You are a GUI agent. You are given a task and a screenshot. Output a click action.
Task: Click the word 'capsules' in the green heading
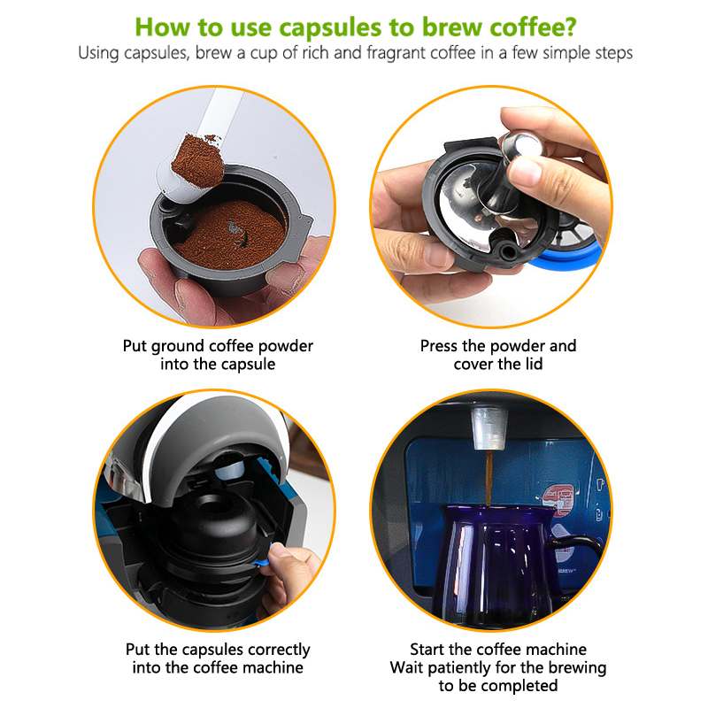330,28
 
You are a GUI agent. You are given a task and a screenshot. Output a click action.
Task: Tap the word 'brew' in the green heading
452,27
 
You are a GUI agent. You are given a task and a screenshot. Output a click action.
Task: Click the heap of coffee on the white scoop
198,160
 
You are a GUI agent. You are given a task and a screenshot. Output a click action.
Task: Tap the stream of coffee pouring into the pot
489,478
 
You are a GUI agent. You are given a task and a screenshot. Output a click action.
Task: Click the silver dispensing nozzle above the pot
489,428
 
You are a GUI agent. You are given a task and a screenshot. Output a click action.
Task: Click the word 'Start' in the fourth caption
427,650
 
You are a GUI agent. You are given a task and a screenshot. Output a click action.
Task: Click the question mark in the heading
570,27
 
